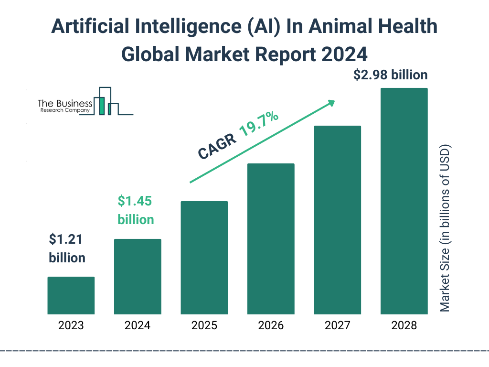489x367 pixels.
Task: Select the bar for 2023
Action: (71, 295)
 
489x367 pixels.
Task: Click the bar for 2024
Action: (138, 276)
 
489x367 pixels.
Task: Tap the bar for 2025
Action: (204, 258)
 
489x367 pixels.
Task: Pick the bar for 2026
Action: (271, 238)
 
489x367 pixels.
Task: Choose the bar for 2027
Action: (337, 220)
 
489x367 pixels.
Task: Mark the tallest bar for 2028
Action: (404, 201)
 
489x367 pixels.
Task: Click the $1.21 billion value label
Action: (67, 248)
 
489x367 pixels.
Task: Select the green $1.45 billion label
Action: (136, 210)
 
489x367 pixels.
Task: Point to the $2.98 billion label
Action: (390, 75)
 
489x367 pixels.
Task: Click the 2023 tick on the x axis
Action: (71, 326)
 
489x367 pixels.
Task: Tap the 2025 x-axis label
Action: (204, 326)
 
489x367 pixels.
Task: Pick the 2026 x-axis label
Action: (271, 326)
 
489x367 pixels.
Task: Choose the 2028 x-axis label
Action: (404, 326)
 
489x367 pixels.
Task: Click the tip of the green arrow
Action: (334, 101)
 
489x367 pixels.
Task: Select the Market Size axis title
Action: (445, 227)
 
